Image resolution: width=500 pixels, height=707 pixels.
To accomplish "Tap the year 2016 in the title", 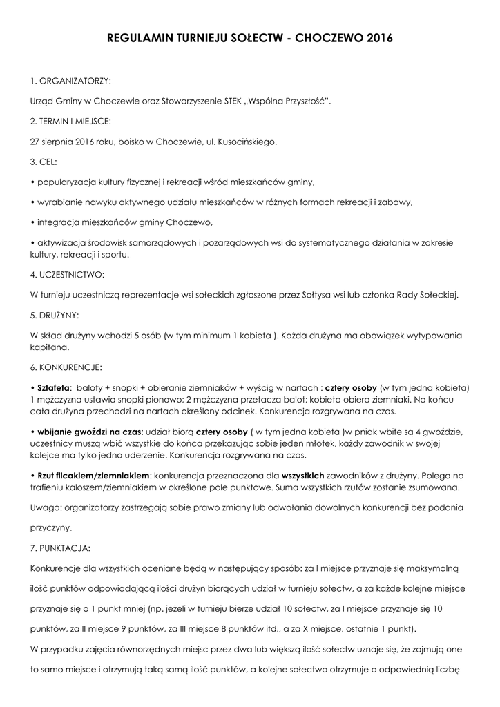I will point(376,40).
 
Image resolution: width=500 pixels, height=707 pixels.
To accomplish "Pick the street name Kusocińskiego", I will point(247,142).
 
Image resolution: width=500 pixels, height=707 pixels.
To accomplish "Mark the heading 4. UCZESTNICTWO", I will point(68,274).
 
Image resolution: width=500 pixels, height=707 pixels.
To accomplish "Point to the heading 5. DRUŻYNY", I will point(55,315).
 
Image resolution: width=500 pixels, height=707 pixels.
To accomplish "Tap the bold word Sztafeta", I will point(55,387).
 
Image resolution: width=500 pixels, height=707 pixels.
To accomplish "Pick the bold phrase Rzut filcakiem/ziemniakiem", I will point(93,476).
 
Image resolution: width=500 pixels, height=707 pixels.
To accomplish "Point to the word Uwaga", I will point(46,507).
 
